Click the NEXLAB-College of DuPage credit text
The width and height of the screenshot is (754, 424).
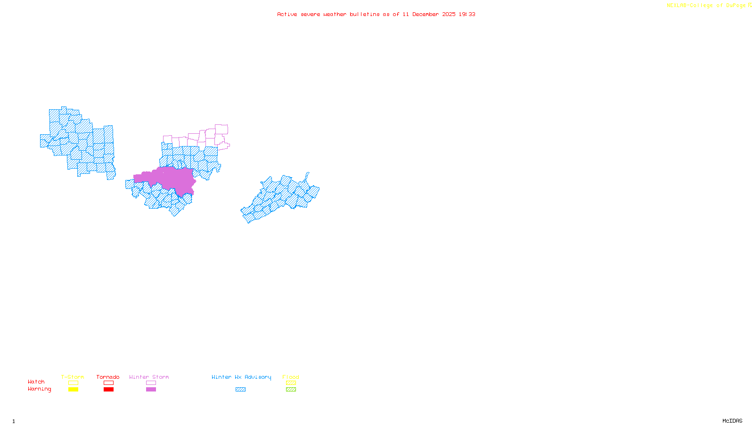point(709,6)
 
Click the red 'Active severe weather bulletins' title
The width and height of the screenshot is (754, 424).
point(376,15)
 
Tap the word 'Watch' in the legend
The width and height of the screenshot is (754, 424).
point(36,382)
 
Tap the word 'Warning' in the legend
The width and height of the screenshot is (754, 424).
point(40,389)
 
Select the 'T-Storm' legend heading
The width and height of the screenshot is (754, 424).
point(73,377)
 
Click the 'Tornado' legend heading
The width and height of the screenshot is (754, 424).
point(108,377)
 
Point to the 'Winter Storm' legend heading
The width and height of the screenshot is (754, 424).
point(149,377)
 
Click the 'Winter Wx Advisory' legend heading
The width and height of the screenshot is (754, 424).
point(241,377)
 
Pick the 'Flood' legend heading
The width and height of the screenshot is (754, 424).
point(291,377)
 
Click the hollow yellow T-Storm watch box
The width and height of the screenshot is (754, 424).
point(73,383)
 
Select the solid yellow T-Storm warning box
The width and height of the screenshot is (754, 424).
point(73,390)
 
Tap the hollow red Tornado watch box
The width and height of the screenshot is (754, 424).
point(108,383)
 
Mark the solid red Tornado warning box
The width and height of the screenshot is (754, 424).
point(108,390)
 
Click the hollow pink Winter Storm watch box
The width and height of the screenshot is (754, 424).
point(151,383)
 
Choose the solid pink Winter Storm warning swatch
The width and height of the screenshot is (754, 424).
point(151,390)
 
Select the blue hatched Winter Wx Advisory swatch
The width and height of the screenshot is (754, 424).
point(240,390)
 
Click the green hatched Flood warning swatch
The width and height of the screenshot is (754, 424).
point(291,390)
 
